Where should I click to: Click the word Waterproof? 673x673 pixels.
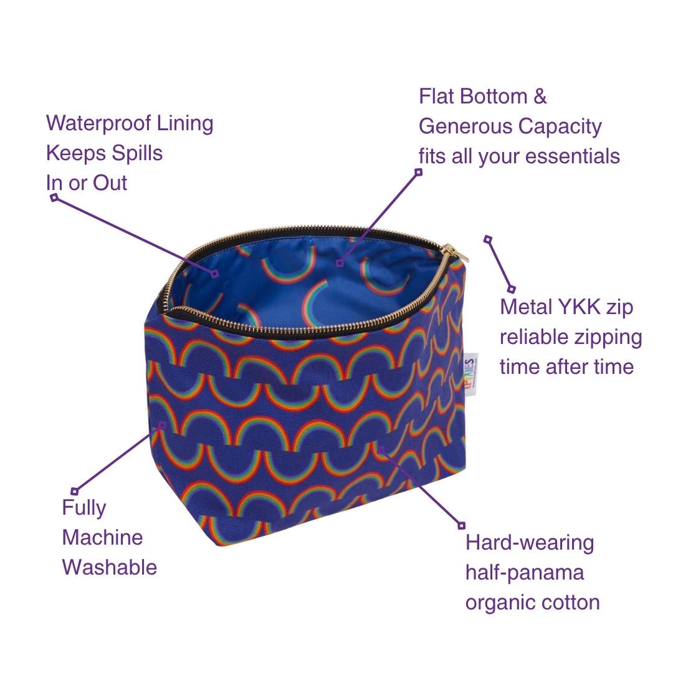98,123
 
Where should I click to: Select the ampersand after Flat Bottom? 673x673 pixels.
540,96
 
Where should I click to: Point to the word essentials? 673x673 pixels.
573,156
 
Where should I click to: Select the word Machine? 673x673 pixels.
102,537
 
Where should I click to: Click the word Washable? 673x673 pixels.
110,568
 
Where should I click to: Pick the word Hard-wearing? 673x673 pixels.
530,543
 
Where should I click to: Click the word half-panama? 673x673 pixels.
525,573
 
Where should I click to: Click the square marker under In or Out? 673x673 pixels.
54,198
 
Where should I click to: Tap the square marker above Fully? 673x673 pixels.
75,491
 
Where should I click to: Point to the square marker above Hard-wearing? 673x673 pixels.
461,525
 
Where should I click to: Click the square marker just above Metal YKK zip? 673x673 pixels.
511,289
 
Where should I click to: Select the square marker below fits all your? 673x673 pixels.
419,172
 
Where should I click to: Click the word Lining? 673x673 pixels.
184,123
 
